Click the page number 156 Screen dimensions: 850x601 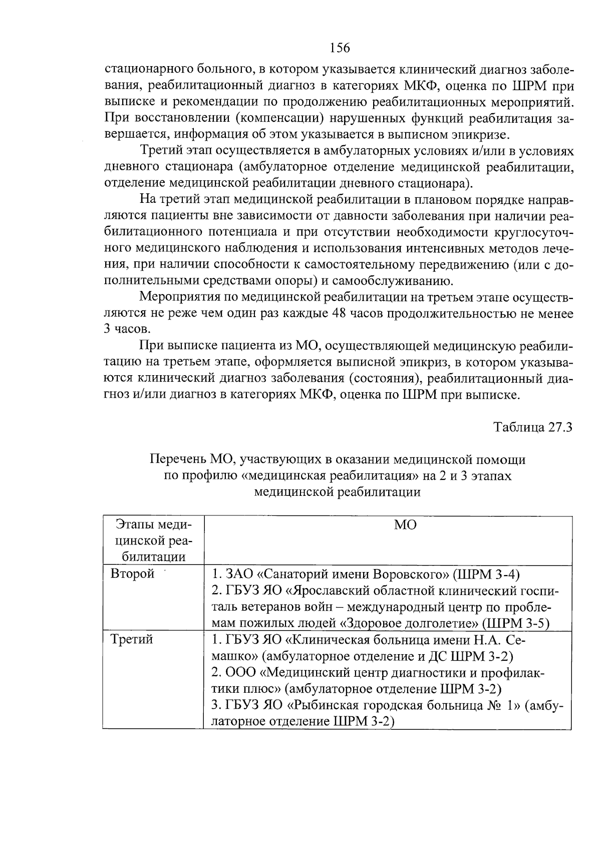click(340, 48)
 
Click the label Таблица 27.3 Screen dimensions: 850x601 click(532, 427)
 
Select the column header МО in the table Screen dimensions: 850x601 click(405, 525)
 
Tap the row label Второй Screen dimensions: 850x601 click(132, 574)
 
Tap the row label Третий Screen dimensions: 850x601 click(132, 640)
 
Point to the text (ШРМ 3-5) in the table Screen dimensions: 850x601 click(516, 623)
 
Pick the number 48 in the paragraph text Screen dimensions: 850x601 click(340, 314)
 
